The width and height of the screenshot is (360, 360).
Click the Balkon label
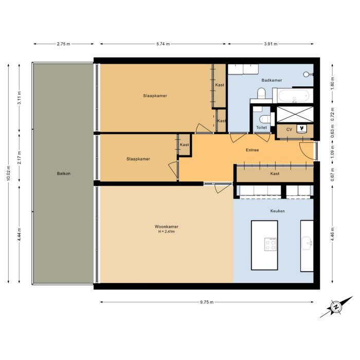click(64, 174)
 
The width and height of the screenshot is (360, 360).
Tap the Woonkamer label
click(167, 227)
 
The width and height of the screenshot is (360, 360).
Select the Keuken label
click(278, 211)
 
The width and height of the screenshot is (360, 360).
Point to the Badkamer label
click(272, 80)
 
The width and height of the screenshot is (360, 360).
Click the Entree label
click(253, 150)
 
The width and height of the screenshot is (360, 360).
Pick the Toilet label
click(261, 128)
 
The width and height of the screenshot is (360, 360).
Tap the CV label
click(289, 130)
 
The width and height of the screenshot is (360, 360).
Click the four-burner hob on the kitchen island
click(270, 244)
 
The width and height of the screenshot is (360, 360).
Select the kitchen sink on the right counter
click(307, 243)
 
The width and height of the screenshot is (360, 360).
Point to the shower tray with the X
click(295, 114)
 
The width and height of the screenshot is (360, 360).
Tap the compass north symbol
click(336, 307)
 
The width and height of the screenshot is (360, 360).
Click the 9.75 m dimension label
click(207, 302)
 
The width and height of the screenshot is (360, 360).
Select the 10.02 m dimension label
click(9, 173)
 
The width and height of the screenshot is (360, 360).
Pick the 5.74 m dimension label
click(163, 44)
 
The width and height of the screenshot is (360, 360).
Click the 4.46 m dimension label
click(332, 234)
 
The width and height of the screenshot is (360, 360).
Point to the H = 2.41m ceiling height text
click(167, 231)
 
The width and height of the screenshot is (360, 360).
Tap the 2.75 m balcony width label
click(64, 44)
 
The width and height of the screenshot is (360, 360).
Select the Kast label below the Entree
click(275, 174)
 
